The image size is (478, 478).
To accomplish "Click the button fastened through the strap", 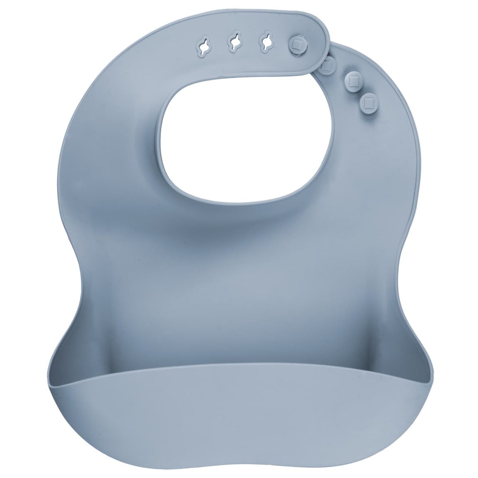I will pyautogui.click(x=298, y=43).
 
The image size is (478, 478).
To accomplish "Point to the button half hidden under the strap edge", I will pyautogui.click(x=328, y=64).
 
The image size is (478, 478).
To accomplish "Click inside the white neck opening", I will pyautogui.click(x=249, y=137).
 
